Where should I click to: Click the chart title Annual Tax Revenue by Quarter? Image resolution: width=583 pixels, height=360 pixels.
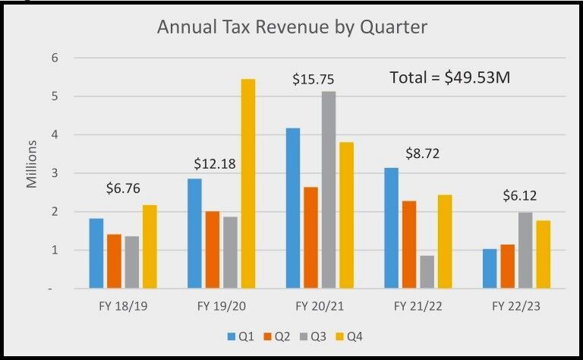pyautogui.click(x=292, y=28)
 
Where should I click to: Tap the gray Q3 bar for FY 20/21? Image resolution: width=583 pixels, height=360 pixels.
pyautogui.click(x=328, y=190)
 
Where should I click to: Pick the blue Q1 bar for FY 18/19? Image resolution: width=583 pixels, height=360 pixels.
pyautogui.click(x=96, y=253)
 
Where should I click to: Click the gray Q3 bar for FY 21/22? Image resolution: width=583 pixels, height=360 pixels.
pyautogui.click(x=427, y=272)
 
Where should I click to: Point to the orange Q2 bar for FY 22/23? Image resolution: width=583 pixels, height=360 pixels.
pyautogui.click(x=508, y=267)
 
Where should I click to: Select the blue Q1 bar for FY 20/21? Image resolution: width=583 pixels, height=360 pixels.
pyautogui.click(x=292, y=208)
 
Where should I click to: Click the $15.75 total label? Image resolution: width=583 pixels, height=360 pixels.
pyautogui.click(x=314, y=79)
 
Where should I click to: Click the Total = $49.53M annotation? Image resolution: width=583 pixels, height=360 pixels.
pyautogui.click(x=449, y=77)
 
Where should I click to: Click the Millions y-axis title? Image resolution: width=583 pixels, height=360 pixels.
pyautogui.click(x=32, y=164)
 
